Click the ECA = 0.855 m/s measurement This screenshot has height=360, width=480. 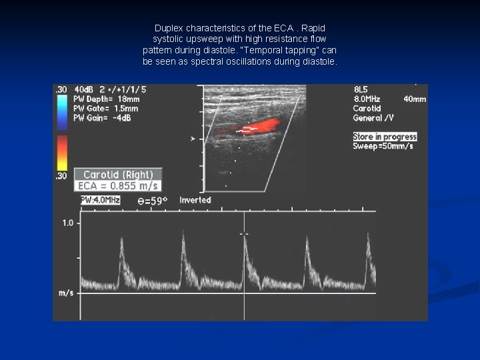click(117, 186)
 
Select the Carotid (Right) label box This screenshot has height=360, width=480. click(117, 175)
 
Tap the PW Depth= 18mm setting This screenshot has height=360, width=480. click(106, 99)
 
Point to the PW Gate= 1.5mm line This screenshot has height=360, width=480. click(106, 108)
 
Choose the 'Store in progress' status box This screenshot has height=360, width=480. click(385, 137)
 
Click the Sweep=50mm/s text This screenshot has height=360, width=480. click(383, 146)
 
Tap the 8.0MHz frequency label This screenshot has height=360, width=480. click(366, 99)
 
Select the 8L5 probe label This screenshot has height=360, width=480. click(361, 89)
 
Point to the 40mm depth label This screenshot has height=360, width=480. click(415, 99)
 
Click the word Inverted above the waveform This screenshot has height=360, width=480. click(195, 200)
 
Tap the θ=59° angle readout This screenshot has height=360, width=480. click(152, 200)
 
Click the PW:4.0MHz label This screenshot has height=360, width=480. click(101, 200)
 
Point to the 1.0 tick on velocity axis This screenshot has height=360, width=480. click(67, 223)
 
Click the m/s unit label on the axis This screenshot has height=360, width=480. click(65, 293)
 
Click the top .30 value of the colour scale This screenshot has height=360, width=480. click(61, 89)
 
